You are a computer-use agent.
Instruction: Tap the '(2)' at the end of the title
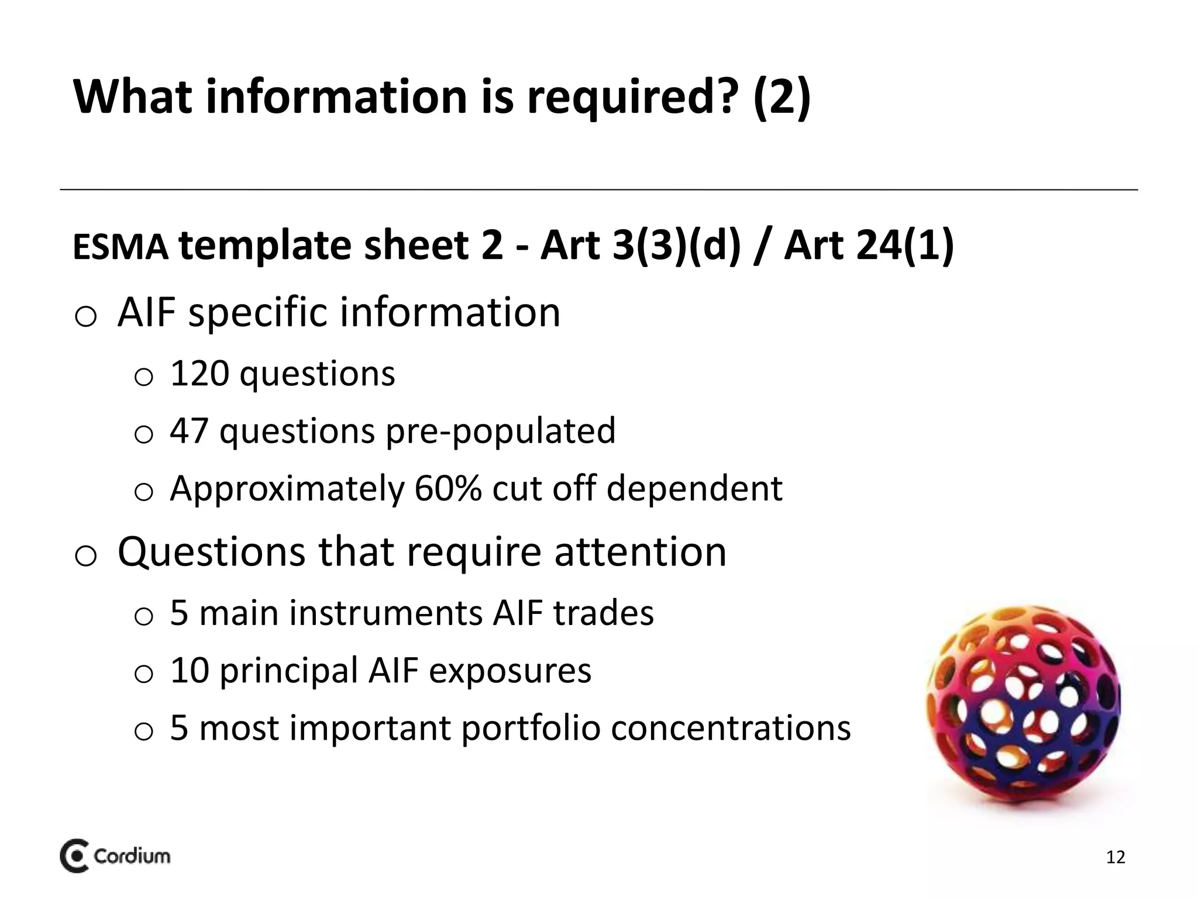[782, 97]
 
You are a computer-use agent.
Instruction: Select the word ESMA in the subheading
[121, 247]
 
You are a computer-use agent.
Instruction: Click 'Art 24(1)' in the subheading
[869, 246]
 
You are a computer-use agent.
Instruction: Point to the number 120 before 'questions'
[199, 374]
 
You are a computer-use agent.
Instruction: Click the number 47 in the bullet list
[189, 431]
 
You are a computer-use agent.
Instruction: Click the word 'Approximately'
[287, 489]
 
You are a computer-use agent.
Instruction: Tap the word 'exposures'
[510, 671]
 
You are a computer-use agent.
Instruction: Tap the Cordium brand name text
[132, 856]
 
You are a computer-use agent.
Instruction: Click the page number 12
[1116, 858]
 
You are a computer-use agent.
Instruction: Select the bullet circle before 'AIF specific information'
[86, 316]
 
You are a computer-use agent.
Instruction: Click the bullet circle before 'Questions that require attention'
[86, 555]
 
